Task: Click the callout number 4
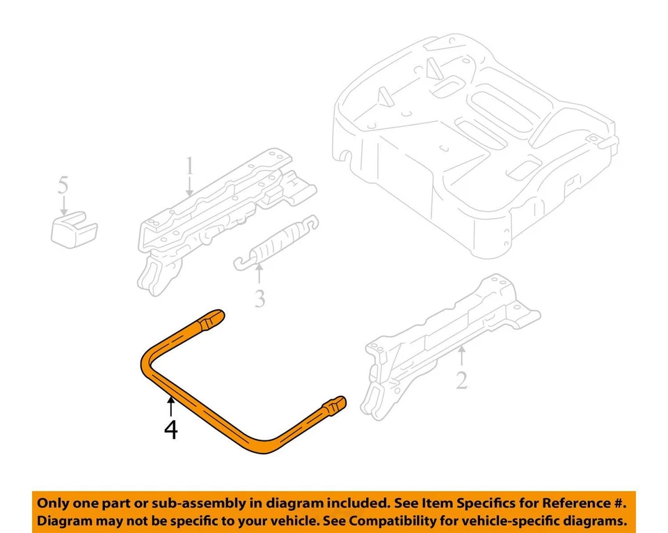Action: click(170, 429)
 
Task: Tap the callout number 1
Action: click(189, 168)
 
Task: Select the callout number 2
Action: click(461, 381)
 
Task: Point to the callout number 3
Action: click(260, 299)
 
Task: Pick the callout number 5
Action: click(63, 186)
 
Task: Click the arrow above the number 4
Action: click(170, 406)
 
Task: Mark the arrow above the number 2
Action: click(461, 358)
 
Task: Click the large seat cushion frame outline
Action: click(473, 139)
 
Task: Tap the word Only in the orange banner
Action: click(53, 503)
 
